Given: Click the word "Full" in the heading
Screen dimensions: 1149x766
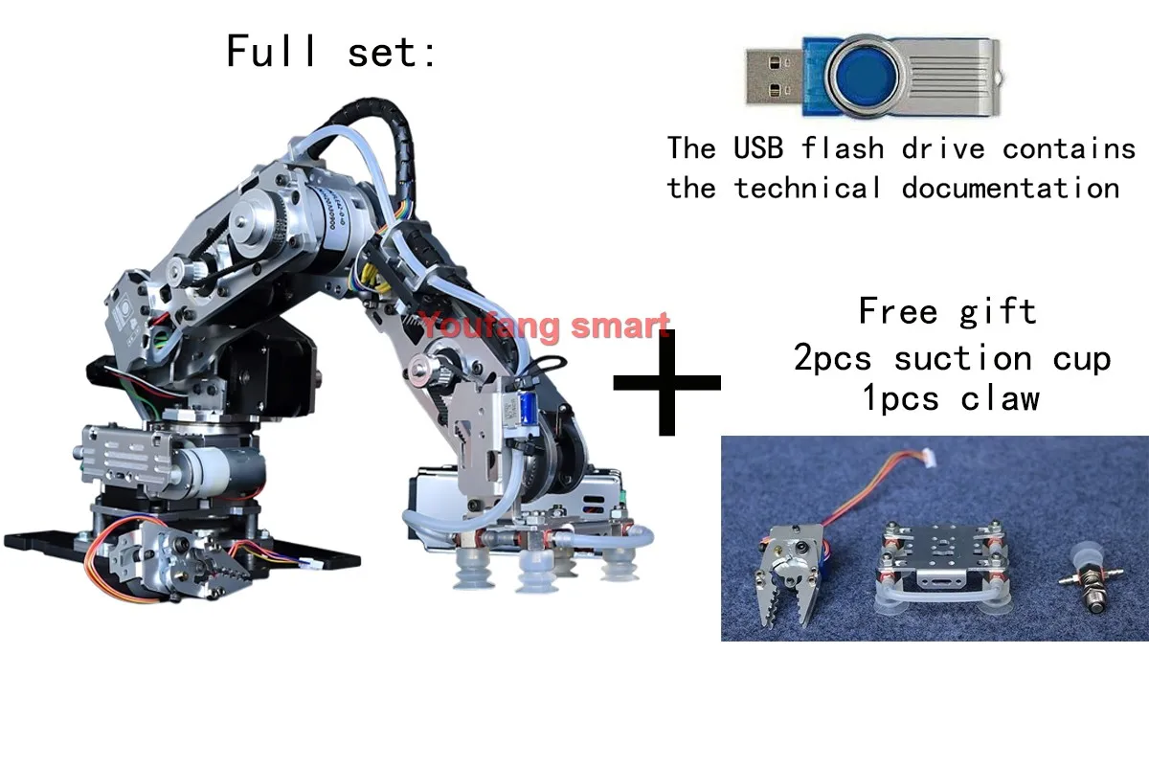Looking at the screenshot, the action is click(271, 51).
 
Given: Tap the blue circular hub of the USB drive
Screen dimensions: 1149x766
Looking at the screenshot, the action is click(867, 76).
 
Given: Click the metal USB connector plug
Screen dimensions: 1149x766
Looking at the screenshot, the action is click(774, 76).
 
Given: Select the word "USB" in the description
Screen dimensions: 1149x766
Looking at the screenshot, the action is click(758, 147).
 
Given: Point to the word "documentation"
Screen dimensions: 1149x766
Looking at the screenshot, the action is click(1010, 188).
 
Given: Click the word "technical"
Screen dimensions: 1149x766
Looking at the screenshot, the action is click(808, 188).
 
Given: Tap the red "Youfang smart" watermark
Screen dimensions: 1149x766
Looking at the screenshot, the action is click(545, 326).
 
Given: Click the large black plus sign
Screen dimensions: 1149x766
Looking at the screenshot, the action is click(666, 382).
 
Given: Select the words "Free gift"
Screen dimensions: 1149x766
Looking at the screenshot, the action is click(947, 311).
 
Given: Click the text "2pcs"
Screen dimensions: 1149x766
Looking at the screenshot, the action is click(832, 357).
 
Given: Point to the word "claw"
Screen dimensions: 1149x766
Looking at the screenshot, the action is click(1000, 398).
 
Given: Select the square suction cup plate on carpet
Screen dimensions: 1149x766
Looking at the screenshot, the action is click(943, 568).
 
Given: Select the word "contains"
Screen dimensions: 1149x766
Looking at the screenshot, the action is click(1069, 147).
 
